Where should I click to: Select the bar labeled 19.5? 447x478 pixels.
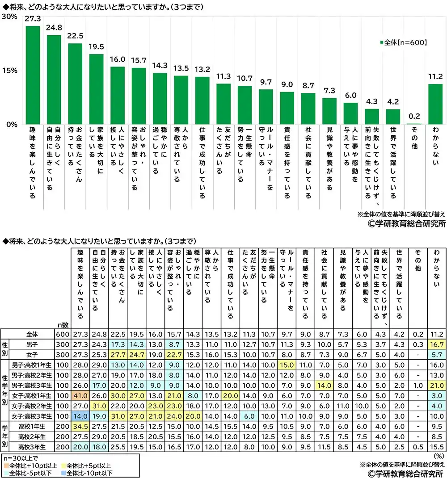click(97, 89)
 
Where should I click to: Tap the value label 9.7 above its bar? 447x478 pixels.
click(266, 83)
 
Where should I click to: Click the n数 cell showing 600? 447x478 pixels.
click(62, 334)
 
